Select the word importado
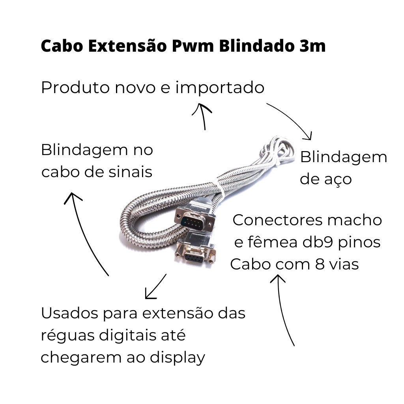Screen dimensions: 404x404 220,88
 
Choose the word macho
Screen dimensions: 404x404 355,220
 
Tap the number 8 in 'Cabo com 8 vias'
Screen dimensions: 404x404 320,264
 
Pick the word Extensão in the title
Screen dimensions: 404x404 127,46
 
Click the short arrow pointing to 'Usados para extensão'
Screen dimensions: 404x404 156,286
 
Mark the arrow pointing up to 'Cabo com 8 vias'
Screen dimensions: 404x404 282,309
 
